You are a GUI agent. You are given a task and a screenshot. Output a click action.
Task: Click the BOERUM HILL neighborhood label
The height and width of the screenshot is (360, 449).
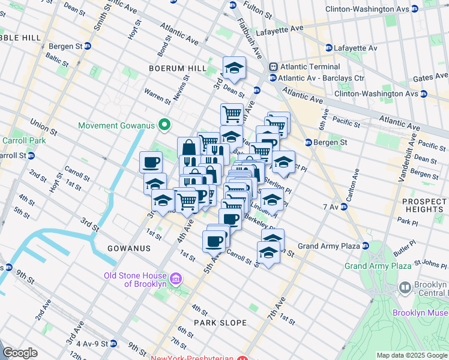(178, 69)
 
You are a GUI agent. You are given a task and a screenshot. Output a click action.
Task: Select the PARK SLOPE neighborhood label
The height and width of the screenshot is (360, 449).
(220, 323)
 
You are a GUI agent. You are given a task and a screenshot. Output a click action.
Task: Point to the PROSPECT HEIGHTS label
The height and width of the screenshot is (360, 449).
(424, 205)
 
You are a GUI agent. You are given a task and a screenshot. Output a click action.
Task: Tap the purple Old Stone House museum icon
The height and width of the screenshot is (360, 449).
(176, 279)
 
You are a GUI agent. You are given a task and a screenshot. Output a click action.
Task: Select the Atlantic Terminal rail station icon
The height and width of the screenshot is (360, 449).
(273, 67)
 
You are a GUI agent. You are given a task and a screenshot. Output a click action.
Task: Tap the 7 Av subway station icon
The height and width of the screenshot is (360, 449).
(344, 206)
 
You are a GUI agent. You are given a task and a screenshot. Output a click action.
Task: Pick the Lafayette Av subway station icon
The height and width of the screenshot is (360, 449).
(328, 48)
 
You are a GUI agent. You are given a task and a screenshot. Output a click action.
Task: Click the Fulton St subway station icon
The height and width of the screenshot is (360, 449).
(232, 5)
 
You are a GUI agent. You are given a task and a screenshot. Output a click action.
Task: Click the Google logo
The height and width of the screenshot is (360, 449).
(20, 352)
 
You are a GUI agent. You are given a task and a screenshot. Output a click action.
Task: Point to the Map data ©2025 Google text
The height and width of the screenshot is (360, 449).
(412, 355)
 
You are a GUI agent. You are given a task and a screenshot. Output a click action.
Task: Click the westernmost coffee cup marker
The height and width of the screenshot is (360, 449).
(151, 161)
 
